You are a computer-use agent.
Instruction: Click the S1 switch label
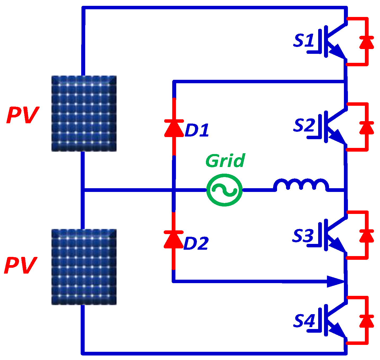point(304,41)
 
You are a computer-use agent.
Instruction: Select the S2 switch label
point(304,125)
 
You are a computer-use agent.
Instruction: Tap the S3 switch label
point(303,236)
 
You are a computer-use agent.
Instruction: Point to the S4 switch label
point(304,321)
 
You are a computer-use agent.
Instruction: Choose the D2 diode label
point(196,243)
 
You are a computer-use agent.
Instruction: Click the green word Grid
point(225,161)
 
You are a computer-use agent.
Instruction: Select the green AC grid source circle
point(224,190)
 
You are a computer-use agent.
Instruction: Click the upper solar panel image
point(84,113)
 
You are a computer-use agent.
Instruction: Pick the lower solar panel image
point(84,267)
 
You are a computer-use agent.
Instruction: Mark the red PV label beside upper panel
point(23,115)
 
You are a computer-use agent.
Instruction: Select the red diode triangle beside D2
point(174,240)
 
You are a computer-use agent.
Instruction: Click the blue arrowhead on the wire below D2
point(335,281)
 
